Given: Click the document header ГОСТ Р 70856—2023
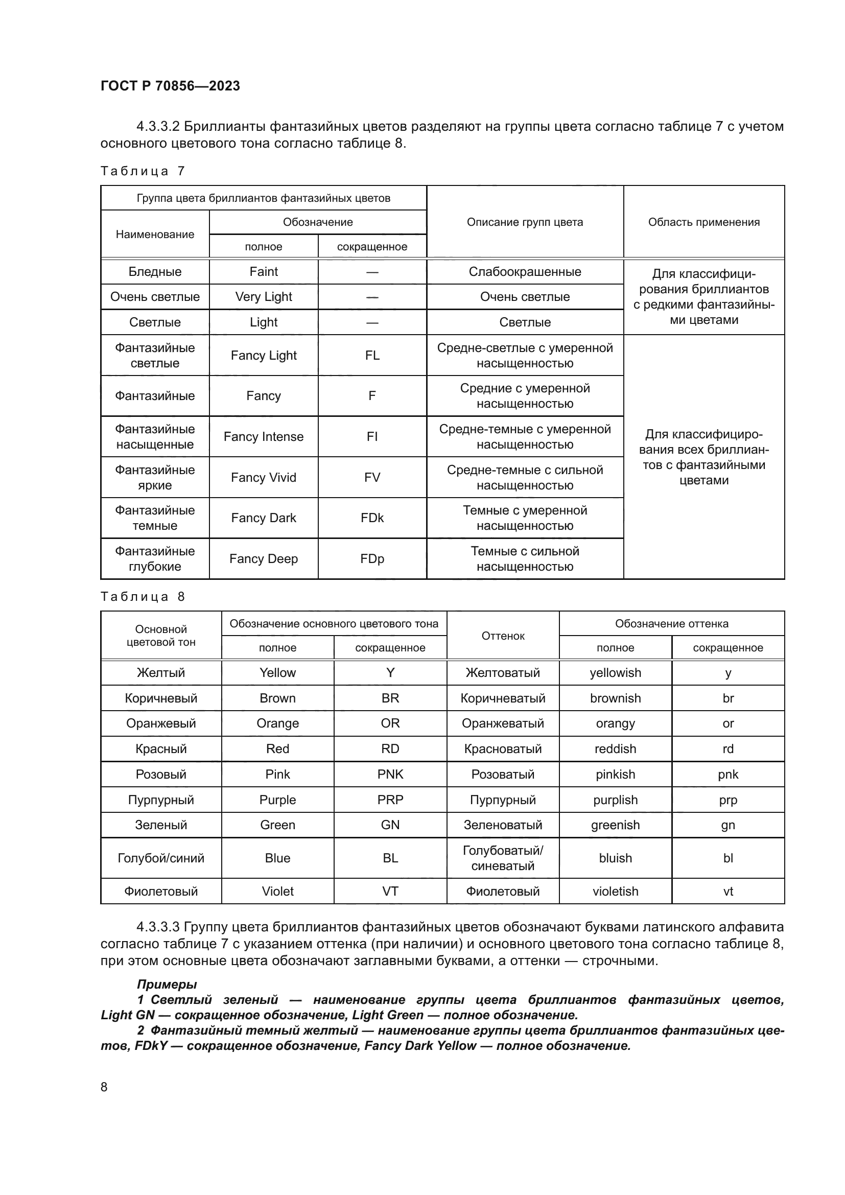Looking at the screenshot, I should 170,86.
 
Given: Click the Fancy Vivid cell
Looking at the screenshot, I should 263,477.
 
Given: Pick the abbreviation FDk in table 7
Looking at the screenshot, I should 372,518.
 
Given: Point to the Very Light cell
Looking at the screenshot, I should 263,297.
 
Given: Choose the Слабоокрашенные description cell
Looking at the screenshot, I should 525,272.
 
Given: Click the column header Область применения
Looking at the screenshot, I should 703,222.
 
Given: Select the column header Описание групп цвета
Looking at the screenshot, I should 525,222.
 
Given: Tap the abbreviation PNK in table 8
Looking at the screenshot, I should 390,774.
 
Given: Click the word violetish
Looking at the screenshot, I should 615,891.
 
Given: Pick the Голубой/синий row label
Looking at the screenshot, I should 161,858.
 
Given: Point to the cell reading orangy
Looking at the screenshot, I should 615,723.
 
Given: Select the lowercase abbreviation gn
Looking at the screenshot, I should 727,825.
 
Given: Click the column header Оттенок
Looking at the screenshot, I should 503,636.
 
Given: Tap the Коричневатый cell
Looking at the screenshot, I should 503,698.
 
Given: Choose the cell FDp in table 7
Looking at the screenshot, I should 372,558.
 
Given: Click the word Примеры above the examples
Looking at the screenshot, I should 167,984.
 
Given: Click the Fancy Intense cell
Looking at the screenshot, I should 263,437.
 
